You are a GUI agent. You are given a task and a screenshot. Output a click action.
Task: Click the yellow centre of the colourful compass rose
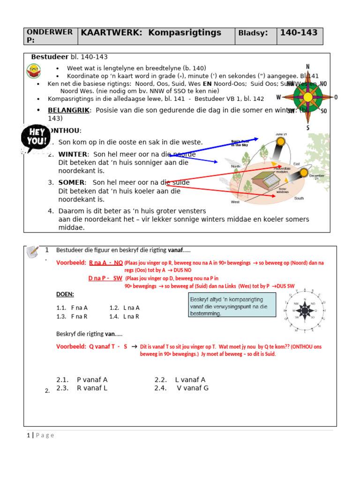[307, 97]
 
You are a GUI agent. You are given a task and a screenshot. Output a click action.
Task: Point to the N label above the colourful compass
[307, 67]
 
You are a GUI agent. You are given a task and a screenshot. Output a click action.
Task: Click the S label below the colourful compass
[307, 128]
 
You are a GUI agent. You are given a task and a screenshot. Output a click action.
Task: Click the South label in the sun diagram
[299, 198]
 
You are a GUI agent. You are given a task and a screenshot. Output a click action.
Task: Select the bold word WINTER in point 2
[73, 154]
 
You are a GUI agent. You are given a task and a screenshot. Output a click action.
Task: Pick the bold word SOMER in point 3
[72, 182]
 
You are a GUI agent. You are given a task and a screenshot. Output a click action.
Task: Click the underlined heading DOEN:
[65, 294]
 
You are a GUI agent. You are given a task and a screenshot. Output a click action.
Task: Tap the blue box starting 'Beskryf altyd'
[232, 306]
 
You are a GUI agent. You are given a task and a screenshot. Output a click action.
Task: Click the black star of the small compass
[304, 310]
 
